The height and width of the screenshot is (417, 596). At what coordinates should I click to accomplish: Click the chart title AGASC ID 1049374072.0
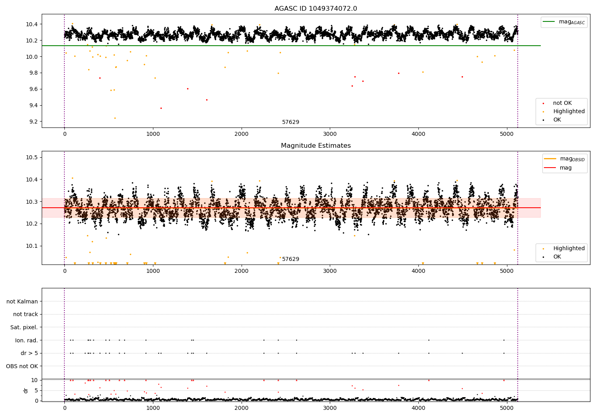[x=315, y=9]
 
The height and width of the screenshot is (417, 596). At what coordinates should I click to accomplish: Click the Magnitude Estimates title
[x=315, y=146]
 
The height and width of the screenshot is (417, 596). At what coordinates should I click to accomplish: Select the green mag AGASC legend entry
[x=564, y=22]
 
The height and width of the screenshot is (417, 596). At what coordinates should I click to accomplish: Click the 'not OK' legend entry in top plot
[x=562, y=103]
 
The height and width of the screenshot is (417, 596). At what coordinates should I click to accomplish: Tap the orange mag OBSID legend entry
[x=564, y=159]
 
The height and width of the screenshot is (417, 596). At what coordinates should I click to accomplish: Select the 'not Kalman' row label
[x=22, y=301]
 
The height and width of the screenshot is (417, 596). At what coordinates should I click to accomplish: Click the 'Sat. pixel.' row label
[x=24, y=327]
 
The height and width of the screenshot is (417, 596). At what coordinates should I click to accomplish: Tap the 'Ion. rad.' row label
[x=26, y=340]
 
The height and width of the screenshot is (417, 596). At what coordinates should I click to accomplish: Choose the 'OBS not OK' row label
[x=22, y=366]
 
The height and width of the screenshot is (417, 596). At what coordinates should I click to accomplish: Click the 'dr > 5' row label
[x=29, y=353]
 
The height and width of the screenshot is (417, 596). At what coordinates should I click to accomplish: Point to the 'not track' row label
[x=25, y=314]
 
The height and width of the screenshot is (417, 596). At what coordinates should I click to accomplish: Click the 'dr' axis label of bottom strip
[x=26, y=390]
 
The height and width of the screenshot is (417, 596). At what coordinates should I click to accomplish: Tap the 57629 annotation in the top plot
[x=290, y=122]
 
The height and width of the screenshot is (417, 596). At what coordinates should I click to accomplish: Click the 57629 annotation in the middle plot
[x=290, y=259]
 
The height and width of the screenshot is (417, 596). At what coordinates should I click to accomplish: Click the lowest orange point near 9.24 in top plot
[x=115, y=118]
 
